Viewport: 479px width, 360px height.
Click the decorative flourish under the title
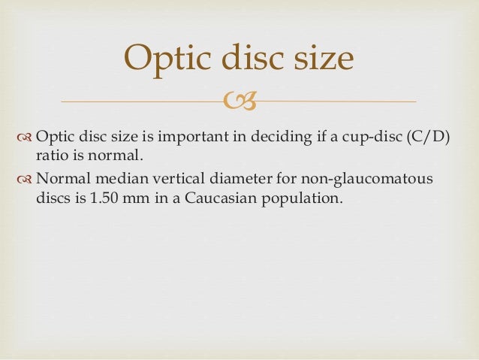(x=239, y=100)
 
